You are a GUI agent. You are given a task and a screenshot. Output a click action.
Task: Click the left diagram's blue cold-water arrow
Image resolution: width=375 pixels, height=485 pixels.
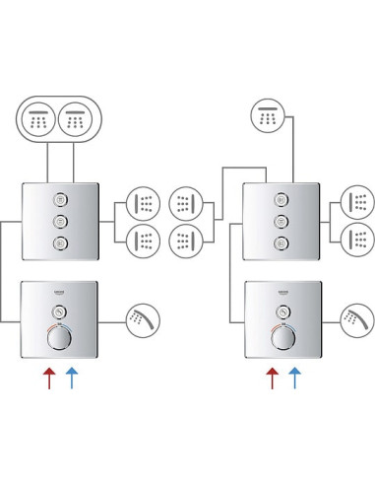[x=71, y=377]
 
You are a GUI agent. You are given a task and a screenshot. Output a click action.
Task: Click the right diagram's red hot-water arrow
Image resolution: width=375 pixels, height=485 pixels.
[x=272, y=377]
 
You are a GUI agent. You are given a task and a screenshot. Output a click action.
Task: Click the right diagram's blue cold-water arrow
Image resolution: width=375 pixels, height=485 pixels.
[x=293, y=377]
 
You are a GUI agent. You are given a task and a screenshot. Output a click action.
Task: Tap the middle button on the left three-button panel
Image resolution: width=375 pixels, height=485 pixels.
[x=60, y=220]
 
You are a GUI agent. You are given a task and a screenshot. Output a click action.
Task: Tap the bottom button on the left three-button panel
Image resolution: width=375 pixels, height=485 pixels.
[x=60, y=243]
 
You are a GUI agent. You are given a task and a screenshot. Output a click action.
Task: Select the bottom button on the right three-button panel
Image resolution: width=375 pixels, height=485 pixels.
[x=281, y=243]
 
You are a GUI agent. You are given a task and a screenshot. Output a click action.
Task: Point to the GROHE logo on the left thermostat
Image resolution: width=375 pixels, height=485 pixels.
[x=60, y=294]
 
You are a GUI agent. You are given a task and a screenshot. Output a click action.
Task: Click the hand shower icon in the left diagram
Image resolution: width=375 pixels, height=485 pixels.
[x=142, y=317]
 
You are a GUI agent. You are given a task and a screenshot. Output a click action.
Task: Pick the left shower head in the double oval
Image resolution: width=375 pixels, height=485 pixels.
[x=40, y=120]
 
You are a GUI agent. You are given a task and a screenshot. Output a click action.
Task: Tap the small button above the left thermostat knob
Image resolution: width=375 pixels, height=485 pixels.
[x=60, y=312]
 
